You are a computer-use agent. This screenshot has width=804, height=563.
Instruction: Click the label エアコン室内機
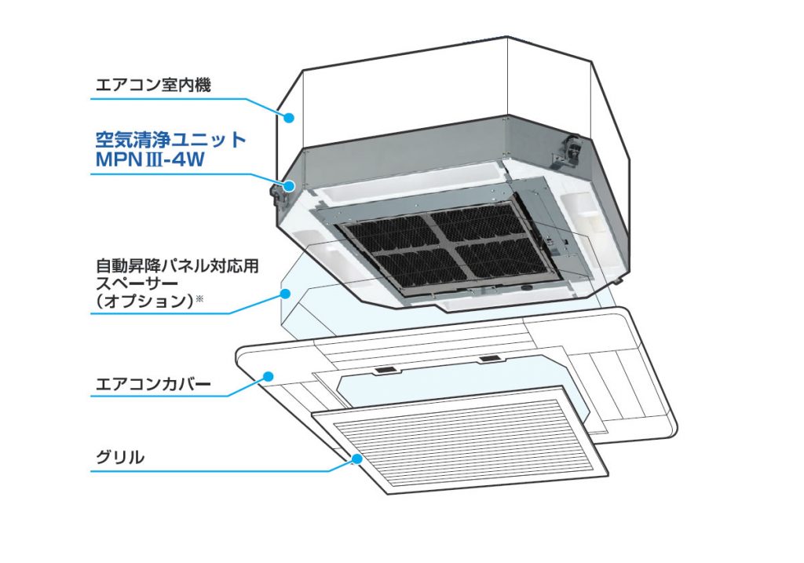[153, 85]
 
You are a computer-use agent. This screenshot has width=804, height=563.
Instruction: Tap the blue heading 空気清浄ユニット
[170, 140]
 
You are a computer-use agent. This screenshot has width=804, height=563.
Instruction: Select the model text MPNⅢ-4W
[150, 159]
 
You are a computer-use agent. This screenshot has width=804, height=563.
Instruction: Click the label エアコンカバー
[153, 383]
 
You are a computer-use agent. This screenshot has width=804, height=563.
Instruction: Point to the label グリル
[120, 457]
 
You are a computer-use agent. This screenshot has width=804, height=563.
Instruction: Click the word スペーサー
[137, 283]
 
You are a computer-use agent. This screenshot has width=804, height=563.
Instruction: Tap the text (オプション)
[145, 301]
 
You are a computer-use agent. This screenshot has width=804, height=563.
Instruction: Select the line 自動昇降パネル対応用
[177, 266]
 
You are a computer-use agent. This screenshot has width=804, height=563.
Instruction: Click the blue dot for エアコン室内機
[289, 118]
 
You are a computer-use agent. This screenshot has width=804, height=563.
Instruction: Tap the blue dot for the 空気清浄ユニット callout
[289, 186]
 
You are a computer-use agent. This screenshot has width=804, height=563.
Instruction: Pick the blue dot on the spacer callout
[285, 294]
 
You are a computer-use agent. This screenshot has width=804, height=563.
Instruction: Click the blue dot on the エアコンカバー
[269, 377]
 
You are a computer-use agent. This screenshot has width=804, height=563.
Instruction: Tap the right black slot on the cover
[490, 358]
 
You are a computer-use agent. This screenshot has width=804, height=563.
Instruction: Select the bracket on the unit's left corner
[277, 196]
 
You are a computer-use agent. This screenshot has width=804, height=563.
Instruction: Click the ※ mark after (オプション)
[199, 298]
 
